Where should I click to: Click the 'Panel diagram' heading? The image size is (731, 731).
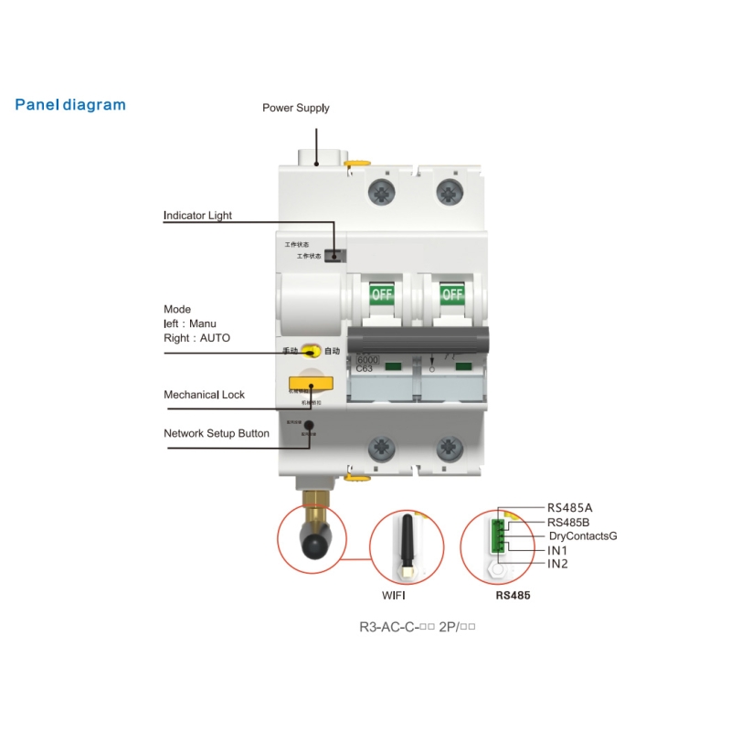click(x=70, y=104)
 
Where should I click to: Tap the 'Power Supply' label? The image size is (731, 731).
click(x=296, y=108)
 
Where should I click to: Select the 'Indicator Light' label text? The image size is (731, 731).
click(x=197, y=216)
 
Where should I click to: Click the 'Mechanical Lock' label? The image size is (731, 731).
click(x=204, y=395)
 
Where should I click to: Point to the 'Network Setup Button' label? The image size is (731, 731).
click(x=217, y=433)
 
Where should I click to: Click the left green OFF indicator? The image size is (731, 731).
click(x=381, y=294)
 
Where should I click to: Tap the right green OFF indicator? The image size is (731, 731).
click(x=452, y=294)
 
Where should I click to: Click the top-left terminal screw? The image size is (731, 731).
click(x=380, y=191)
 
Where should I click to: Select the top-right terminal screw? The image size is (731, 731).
click(x=449, y=191)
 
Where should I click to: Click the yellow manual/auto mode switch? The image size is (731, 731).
click(x=311, y=351)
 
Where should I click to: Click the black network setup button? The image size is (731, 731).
click(x=310, y=424)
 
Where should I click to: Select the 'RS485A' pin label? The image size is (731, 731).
click(x=570, y=507)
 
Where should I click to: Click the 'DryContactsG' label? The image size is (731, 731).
click(x=582, y=535)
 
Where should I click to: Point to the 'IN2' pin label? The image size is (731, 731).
click(x=557, y=564)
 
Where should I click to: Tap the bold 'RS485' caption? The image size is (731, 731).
click(x=513, y=595)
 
